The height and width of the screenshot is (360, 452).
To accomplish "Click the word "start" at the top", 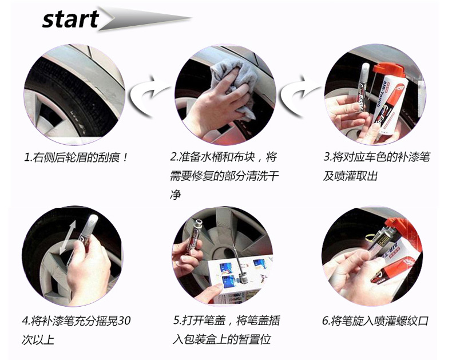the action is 70,19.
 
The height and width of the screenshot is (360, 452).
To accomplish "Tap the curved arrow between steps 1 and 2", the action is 148,96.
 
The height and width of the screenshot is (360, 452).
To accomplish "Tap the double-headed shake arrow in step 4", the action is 68,237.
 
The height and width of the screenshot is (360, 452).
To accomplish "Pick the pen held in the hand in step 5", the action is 195,236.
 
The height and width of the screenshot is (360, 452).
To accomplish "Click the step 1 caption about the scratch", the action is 76,158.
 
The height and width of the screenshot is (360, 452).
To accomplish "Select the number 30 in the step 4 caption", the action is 125,321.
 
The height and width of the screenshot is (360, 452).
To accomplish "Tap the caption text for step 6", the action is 375,321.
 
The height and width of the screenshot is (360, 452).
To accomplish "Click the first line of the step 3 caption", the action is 376,157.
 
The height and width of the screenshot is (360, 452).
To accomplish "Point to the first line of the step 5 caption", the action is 227,321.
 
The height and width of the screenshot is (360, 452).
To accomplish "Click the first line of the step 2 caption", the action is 224,157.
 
